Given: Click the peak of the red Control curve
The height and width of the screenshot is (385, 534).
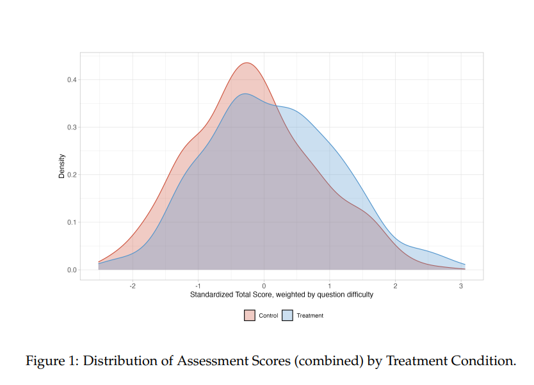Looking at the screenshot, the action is pyautogui.click(x=247, y=63).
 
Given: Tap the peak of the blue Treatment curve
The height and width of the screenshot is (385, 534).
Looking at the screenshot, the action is pyautogui.click(x=245, y=94).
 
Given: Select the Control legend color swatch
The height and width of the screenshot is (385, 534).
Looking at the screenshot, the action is pyautogui.click(x=250, y=316).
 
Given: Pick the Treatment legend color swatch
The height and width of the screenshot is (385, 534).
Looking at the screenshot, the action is pyautogui.click(x=287, y=316).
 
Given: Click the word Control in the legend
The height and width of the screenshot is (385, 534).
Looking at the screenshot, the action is pyautogui.click(x=268, y=316).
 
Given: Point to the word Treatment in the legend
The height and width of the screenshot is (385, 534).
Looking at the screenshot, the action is pyautogui.click(x=310, y=316).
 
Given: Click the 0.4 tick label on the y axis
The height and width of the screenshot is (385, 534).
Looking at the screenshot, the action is pyautogui.click(x=72, y=79).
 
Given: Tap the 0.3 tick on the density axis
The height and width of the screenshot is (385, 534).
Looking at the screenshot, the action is pyautogui.click(x=72, y=127).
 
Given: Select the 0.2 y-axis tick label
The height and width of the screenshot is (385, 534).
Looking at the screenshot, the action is pyautogui.click(x=72, y=175).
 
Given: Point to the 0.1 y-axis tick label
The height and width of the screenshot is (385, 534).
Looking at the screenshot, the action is pyautogui.click(x=72, y=222).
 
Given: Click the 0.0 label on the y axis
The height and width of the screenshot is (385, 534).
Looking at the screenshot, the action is pyautogui.click(x=72, y=270).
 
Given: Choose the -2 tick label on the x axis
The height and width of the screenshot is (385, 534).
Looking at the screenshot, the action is pyautogui.click(x=133, y=286).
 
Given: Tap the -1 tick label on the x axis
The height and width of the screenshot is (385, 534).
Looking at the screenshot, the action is pyautogui.click(x=198, y=286).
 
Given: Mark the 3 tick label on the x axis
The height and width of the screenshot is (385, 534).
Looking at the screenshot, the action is pyautogui.click(x=461, y=286).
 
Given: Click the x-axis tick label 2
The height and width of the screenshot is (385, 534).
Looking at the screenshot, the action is pyautogui.click(x=396, y=286).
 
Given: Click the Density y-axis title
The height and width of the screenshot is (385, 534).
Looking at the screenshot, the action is pyautogui.click(x=61, y=166).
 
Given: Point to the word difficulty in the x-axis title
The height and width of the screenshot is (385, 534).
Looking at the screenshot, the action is pyautogui.click(x=360, y=295).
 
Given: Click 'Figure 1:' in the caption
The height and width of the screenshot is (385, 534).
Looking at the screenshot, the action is pyautogui.click(x=52, y=361).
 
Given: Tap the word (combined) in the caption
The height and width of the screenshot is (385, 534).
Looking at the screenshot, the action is pyautogui.click(x=329, y=361).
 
